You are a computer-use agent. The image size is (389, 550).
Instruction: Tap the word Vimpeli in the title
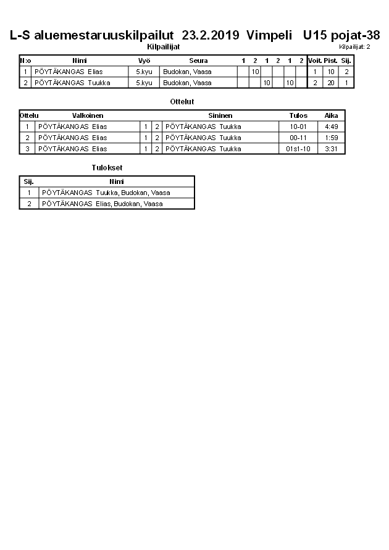269,35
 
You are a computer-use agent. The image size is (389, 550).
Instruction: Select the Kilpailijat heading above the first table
163,46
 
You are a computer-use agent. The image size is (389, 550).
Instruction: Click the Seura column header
198,60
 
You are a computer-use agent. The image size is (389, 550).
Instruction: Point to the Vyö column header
144,60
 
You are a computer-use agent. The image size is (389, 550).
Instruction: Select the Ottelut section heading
182,101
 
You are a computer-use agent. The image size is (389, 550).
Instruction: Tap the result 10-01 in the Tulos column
298,127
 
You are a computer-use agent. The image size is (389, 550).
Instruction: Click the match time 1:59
332,138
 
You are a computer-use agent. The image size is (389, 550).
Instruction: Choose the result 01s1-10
298,149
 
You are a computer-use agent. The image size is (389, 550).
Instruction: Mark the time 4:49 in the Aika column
332,127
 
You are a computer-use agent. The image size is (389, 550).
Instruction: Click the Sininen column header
220,115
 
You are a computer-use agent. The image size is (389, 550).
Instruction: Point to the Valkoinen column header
88,115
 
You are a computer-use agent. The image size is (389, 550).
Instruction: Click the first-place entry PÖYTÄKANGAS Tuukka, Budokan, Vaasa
106,193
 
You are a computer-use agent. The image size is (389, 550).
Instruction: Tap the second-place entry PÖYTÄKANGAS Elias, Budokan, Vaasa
102,204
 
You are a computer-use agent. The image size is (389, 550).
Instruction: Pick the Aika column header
332,115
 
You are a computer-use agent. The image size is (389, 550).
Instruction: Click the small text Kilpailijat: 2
354,47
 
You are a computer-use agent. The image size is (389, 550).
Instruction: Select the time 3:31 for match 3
332,149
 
